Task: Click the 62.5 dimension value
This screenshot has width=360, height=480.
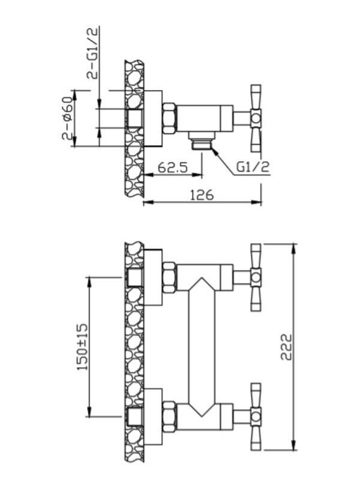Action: (172, 167)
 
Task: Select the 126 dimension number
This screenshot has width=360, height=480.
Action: (202, 194)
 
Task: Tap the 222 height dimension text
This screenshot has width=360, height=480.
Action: (287, 347)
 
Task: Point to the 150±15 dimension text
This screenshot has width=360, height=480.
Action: (82, 347)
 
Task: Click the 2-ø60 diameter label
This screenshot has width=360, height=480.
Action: (68, 118)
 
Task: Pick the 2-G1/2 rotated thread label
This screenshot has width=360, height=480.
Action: (92, 53)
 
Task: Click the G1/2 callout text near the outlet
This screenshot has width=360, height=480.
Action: (253, 167)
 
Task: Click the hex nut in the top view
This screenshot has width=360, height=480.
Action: (169, 118)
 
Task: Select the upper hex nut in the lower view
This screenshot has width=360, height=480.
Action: (169, 277)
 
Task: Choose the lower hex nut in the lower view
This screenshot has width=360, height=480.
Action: (169, 416)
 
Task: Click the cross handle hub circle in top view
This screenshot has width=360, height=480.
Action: (256, 118)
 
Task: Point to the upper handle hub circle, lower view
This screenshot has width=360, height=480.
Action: (256, 277)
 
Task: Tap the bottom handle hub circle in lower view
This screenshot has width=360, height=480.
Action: (256, 416)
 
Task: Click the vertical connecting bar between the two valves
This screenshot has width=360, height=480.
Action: (202, 347)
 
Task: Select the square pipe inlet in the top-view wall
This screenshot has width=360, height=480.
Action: (134, 118)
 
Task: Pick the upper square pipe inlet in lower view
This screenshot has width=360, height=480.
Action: (134, 277)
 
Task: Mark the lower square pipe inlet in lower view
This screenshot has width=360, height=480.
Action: (134, 417)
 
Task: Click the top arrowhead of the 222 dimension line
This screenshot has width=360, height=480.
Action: (294, 248)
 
